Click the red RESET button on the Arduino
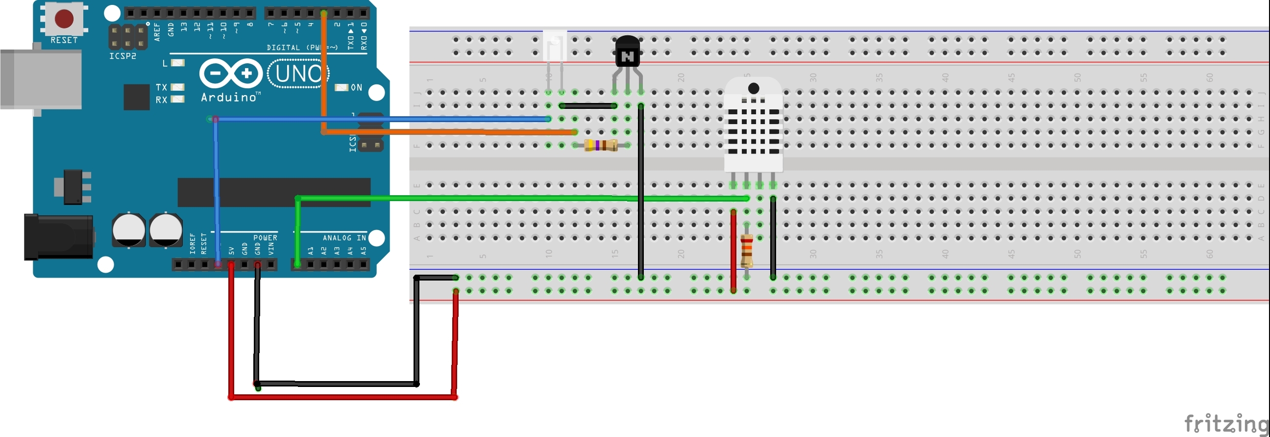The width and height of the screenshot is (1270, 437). coord(64,19)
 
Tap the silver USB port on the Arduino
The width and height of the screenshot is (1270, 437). coord(42,79)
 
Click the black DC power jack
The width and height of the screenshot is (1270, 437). coord(58,236)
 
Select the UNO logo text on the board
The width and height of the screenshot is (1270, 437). coord(298,74)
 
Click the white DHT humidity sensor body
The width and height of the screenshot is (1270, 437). coord(753,128)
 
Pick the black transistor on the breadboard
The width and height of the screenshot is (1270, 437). coord(627,51)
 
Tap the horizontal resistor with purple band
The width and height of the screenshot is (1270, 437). coord(601,145)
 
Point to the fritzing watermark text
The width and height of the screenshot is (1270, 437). coord(1225,424)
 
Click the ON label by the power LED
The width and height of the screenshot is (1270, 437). coord(356,87)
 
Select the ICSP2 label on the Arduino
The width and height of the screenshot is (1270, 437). coord(123,56)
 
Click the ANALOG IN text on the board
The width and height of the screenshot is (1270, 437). coord(344,238)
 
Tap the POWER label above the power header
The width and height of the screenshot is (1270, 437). coord(265,238)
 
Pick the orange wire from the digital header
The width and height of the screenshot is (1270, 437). coord(444,132)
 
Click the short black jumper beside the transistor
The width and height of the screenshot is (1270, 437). coord(587,105)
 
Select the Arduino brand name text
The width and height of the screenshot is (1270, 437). coord(229,97)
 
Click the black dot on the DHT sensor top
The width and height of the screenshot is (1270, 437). coord(753,88)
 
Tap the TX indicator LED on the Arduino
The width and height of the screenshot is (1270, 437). coord(177,87)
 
